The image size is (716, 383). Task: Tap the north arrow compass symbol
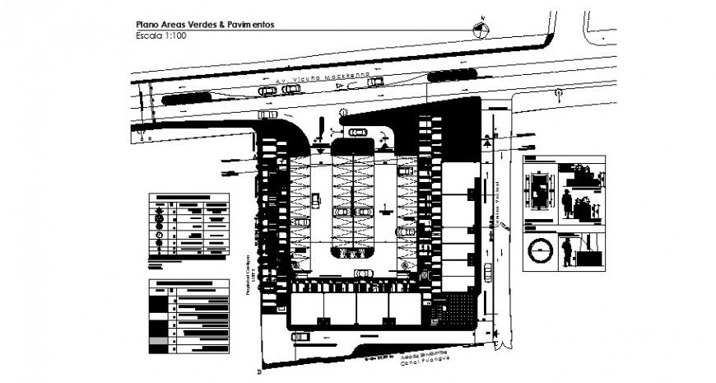482,30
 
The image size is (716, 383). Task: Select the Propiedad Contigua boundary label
245,273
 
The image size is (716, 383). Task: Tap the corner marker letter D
258,372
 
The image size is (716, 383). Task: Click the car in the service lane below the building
301,336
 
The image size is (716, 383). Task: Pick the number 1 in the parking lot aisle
384,204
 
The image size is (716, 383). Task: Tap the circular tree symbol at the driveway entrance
345,114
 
